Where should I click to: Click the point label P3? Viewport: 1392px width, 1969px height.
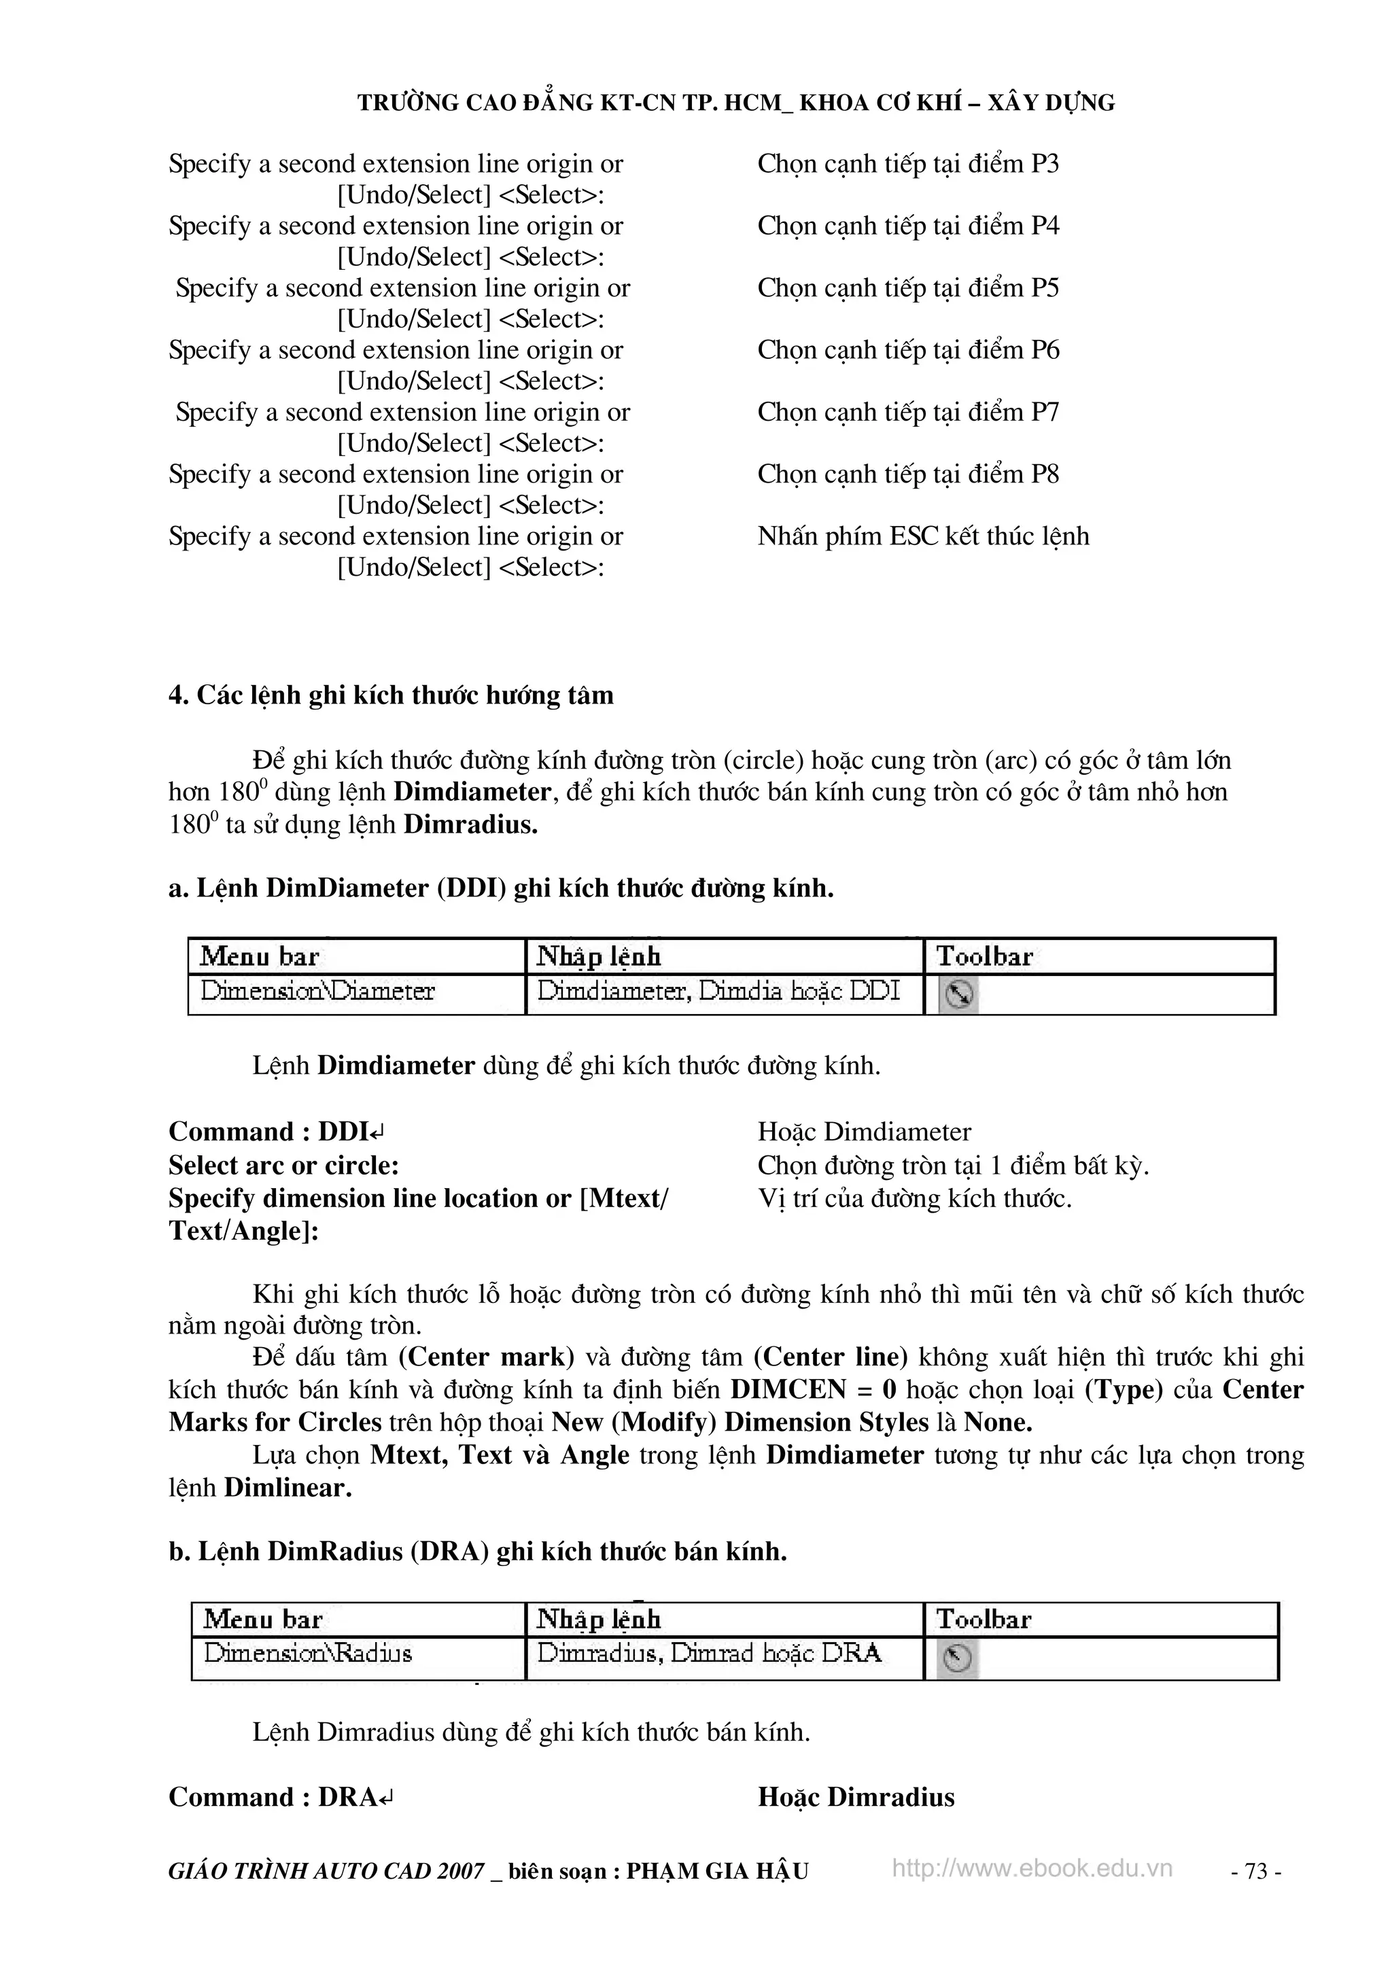(1044, 164)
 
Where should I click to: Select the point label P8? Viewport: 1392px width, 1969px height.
(1044, 474)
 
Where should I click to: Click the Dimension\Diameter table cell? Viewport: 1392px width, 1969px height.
(318, 992)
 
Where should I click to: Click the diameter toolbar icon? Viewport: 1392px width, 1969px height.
(958, 995)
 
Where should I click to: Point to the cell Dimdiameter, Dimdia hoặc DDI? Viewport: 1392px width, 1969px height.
(718, 992)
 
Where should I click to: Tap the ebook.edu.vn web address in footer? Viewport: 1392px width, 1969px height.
(1032, 1868)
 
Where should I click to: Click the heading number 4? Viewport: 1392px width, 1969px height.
(177, 695)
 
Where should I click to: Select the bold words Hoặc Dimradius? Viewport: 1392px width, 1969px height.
(855, 1796)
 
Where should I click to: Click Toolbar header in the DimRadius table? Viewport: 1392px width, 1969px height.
(984, 1619)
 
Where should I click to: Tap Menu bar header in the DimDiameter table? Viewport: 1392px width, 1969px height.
(259, 956)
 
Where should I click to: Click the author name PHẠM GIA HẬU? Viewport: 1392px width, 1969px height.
(717, 1871)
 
